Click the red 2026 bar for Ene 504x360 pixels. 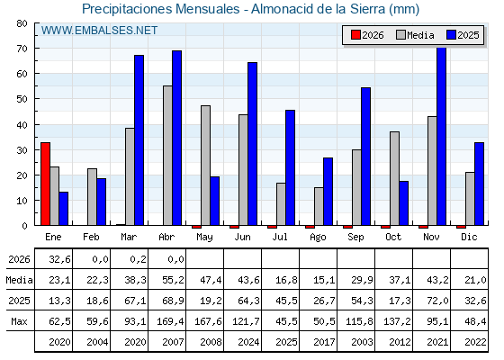(x=45, y=184)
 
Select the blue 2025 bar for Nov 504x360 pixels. (x=442, y=136)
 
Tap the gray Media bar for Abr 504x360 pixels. (x=167, y=156)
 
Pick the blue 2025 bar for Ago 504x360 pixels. (x=328, y=192)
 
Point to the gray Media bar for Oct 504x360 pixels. (x=395, y=178)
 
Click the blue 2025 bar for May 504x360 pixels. (x=215, y=201)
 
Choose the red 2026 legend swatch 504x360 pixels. (x=355, y=35)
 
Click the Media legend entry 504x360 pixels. (x=415, y=35)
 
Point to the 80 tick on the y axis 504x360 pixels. (x=22, y=23)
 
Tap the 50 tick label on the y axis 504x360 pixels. (x=22, y=99)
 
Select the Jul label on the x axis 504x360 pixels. (x=280, y=237)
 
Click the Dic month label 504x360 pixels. (x=469, y=237)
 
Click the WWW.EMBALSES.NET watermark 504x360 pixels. (x=99, y=31)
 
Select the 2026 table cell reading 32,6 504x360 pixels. (x=59, y=259)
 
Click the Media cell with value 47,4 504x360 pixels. (x=211, y=280)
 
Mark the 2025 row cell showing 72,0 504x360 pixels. (x=437, y=301)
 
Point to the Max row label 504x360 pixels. (x=19, y=321)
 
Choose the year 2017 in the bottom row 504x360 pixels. (x=324, y=342)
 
